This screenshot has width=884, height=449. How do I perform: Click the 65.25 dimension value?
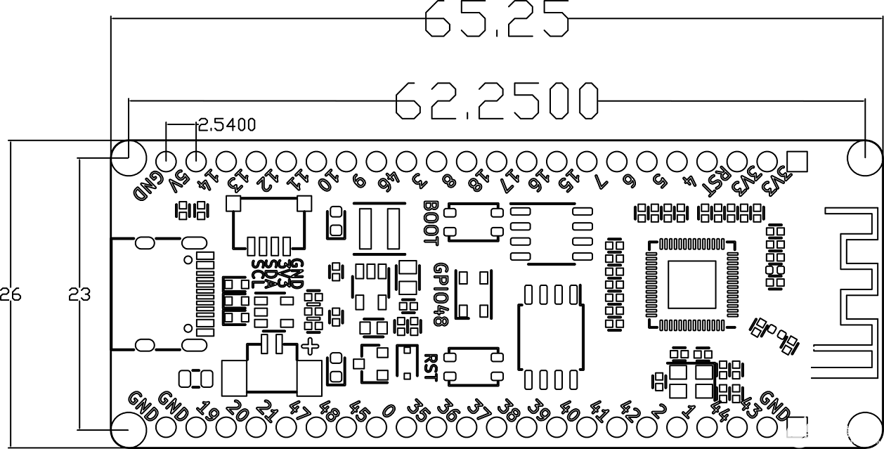coord(497,19)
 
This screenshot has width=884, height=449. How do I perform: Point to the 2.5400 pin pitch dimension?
coord(227,125)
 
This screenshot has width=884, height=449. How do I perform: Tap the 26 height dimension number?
coord(11,294)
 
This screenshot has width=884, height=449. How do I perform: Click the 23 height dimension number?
coord(79,294)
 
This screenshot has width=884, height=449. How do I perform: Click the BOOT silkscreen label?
coord(431,222)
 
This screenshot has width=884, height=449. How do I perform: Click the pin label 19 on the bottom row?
coord(205,408)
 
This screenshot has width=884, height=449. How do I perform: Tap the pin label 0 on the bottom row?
coord(389,407)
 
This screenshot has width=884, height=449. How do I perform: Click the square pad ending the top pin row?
coord(796,161)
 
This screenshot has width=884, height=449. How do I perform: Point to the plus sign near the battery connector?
coord(310,346)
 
